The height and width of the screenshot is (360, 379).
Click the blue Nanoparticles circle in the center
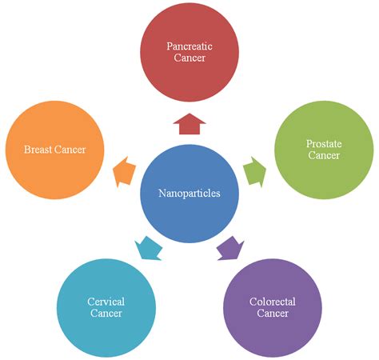point(189,192)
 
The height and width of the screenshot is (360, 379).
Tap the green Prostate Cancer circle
point(323,149)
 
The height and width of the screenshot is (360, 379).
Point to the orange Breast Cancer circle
point(54,150)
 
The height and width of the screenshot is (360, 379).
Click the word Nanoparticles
point(189,193)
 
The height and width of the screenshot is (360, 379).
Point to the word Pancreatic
point(189,47)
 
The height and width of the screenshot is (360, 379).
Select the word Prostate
point(323,144)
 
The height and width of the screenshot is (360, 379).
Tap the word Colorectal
point(273,302)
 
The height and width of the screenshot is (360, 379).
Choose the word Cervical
point(106,302)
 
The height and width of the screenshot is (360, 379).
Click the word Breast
point(38,150)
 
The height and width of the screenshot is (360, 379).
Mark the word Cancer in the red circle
point(189,58)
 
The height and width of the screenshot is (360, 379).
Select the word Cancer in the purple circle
point(273,313)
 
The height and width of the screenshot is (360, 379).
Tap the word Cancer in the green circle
point(323,154)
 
